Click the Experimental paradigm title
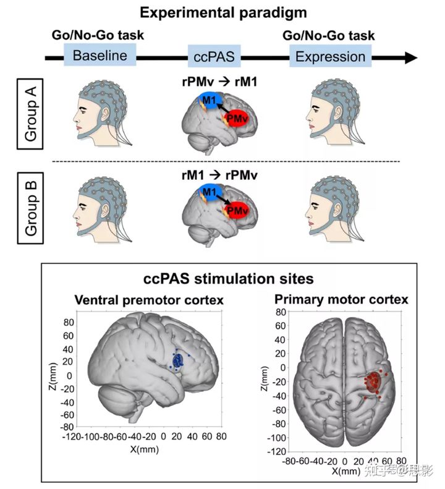point(222,12)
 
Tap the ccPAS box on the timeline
point(213,57)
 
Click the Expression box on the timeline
point(330,56)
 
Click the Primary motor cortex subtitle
point(341,300)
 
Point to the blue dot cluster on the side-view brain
point(177,360)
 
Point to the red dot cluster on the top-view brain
point(374,382)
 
